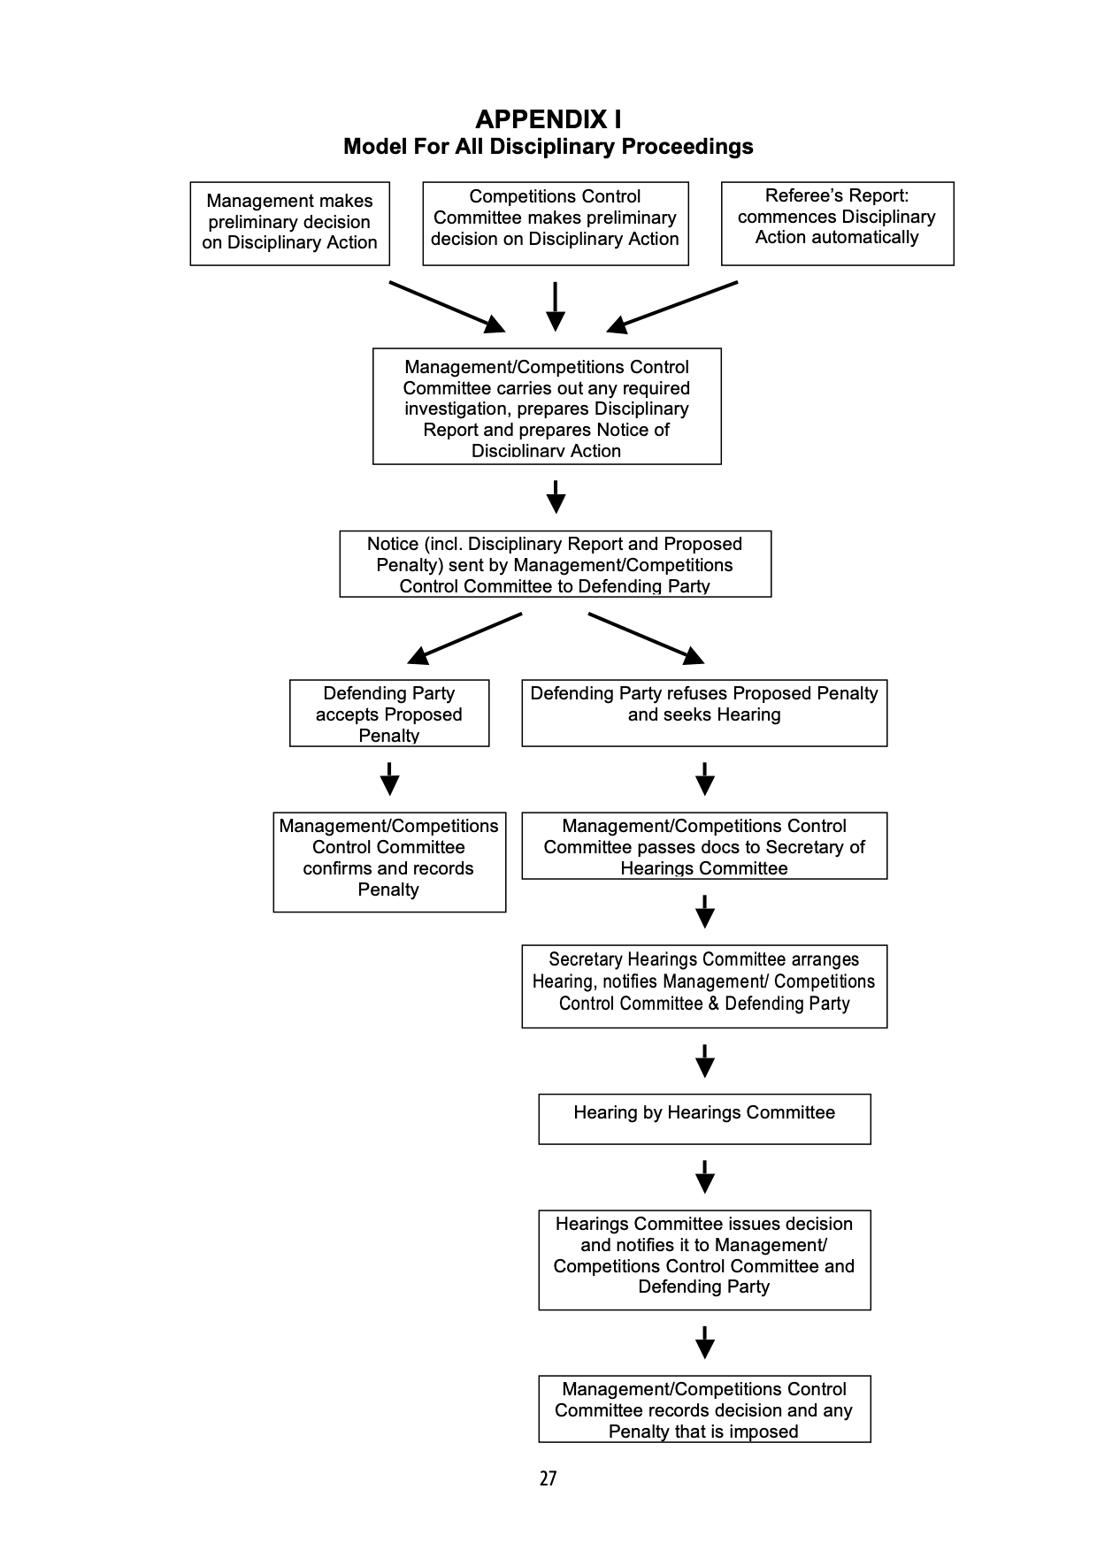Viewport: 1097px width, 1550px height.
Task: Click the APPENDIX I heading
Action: tap(548, 119)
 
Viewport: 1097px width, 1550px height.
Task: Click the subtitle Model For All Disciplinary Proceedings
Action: tap(548, 147)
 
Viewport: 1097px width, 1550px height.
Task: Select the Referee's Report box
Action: tap(837, 223)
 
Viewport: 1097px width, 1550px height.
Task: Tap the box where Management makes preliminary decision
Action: tap(289, 223)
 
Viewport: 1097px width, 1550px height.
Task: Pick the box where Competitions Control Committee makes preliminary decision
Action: tap(555, 223)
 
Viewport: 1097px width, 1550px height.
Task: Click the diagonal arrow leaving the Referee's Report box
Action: tap(672, 307)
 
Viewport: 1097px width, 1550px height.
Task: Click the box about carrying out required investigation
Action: tap(547, 406)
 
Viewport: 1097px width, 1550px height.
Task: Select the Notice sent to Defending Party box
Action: tap(555, 564)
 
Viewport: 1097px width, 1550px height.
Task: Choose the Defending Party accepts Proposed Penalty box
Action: tap(388, 713)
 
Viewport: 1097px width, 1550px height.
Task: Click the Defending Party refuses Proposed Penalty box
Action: tap(703, 713)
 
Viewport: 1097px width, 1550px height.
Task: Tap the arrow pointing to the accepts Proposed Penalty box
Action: tap(464, 638)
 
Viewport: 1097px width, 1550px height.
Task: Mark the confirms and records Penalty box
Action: tap(388, 861)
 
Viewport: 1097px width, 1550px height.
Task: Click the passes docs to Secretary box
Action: tap(703, 845)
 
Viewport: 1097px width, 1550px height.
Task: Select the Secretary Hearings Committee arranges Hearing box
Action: tap(703, 985)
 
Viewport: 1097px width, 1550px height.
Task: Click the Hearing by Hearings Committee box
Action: tap(703, 1119)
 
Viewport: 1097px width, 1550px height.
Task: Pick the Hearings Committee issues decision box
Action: tap(703, 1259)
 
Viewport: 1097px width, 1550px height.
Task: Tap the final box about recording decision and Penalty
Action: tap(703, 1409)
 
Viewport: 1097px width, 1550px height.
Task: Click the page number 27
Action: tap(548, 1478)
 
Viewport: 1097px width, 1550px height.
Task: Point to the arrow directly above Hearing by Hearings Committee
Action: tap(704, 1061)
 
